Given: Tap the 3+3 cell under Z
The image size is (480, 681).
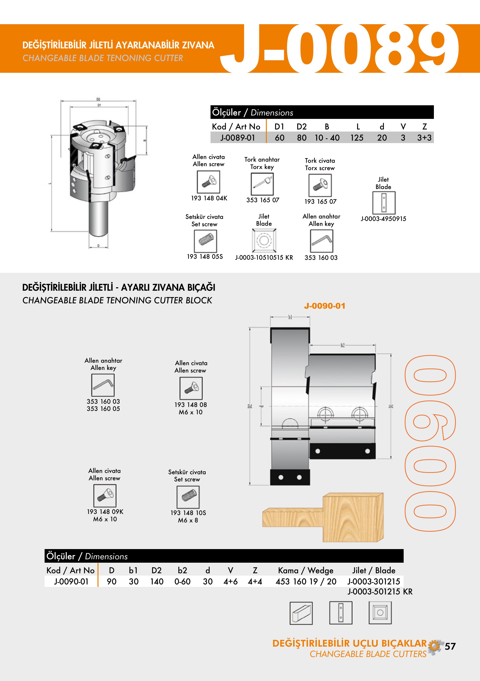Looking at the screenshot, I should coord(424,138).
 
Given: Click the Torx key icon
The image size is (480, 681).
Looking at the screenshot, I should coord(262,184).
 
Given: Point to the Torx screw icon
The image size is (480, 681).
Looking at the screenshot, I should coord(320,185).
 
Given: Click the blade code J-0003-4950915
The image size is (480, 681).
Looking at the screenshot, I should coord(383,219).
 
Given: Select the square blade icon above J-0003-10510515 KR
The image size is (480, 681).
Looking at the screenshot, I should coord(264,240).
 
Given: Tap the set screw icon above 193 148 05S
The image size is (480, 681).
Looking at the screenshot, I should coord(205,241).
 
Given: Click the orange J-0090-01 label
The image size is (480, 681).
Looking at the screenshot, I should coord(325,306).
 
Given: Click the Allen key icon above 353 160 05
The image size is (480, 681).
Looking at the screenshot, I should coord(103,385).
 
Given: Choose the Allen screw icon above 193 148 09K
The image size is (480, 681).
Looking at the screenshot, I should coord(105,496).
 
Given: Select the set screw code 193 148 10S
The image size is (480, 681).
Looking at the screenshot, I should coord(188,513).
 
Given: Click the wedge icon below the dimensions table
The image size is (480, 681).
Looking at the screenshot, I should coord(301,613).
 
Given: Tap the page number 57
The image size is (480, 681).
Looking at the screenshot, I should coord(450,646).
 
